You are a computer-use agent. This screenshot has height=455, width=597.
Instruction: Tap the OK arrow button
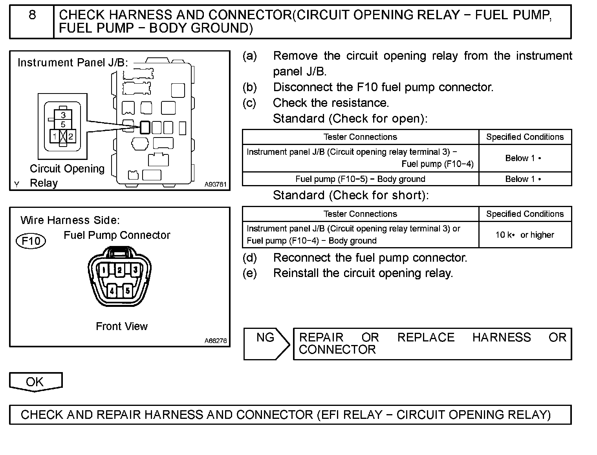[35, 382]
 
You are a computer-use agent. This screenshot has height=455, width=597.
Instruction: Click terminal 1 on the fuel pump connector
[103, 270]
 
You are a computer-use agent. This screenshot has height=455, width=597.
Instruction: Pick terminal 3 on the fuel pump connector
[135, 270]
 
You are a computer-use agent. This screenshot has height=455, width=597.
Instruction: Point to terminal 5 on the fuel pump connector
[127, 291]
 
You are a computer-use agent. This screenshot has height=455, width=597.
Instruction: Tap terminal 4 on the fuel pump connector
[112, 291]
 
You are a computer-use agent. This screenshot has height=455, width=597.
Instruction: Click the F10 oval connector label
[31, 241]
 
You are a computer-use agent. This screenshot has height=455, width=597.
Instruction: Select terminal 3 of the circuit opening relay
[63, 115]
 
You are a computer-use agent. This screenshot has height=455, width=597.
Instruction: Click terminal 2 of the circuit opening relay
[71, 137]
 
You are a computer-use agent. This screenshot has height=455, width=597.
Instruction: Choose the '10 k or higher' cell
[525, 235]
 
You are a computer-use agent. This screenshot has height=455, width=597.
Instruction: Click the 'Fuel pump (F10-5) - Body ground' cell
[360, 179]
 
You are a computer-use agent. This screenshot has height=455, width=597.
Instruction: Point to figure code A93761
[215, 184]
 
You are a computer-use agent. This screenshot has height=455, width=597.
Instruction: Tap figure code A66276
[215, 341]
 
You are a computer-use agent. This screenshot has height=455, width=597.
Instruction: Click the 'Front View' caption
[122, 327]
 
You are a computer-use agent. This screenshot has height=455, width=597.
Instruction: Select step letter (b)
[249, 87]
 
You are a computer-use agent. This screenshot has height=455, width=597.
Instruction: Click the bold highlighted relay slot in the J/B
[145, 127]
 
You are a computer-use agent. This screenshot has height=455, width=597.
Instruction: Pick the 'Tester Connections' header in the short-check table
[360, 214]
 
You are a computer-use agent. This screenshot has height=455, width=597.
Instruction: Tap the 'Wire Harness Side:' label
[70, 220]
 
